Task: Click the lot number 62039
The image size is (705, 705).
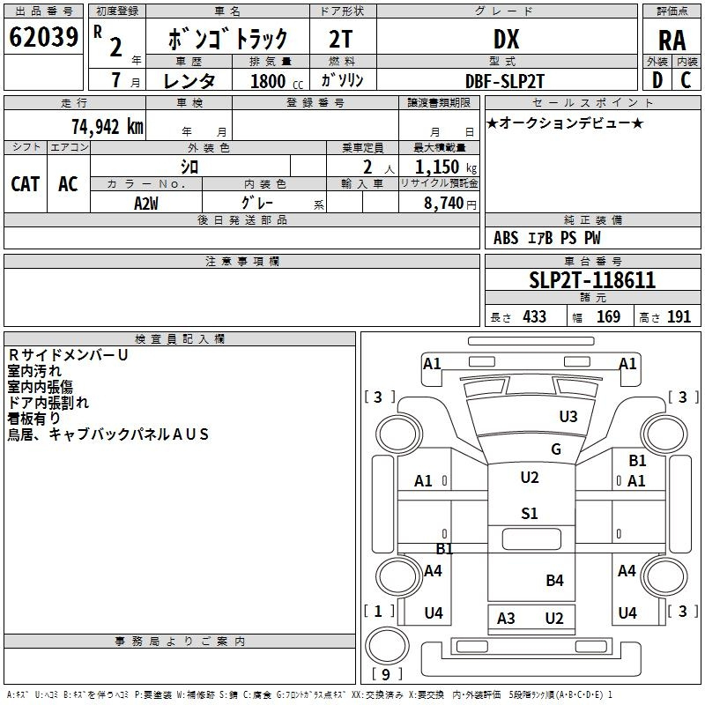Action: tap(43, 37)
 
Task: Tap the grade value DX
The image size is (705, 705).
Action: tap(506, 39)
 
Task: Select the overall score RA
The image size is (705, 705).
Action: tap(672, 41)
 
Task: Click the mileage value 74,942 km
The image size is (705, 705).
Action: tap(108, 127)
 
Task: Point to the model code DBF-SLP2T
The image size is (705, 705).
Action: tap(504, 81)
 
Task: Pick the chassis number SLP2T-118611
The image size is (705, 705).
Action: tap(592, 280)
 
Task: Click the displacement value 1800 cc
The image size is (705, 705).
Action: tap(277, 81)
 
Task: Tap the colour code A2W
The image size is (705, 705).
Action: tap(146, 204)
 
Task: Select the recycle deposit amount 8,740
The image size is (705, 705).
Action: tap(443, 203)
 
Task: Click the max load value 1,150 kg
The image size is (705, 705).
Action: tap(446, 167)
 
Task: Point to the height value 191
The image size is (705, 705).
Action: tap(679, 316)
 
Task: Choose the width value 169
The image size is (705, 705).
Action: tap(608, 316)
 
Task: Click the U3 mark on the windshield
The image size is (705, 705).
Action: tap(568, 416)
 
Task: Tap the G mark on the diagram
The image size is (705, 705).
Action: tap(556, 449)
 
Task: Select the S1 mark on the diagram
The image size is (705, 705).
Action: tap(530, 513)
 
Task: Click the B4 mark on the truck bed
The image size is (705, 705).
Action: tap(554, 580)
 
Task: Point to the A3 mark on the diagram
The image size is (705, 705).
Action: tap(505, 619)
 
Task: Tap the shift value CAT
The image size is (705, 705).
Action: tap(26, 184)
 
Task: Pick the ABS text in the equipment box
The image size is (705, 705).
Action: tap(506, 238)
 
